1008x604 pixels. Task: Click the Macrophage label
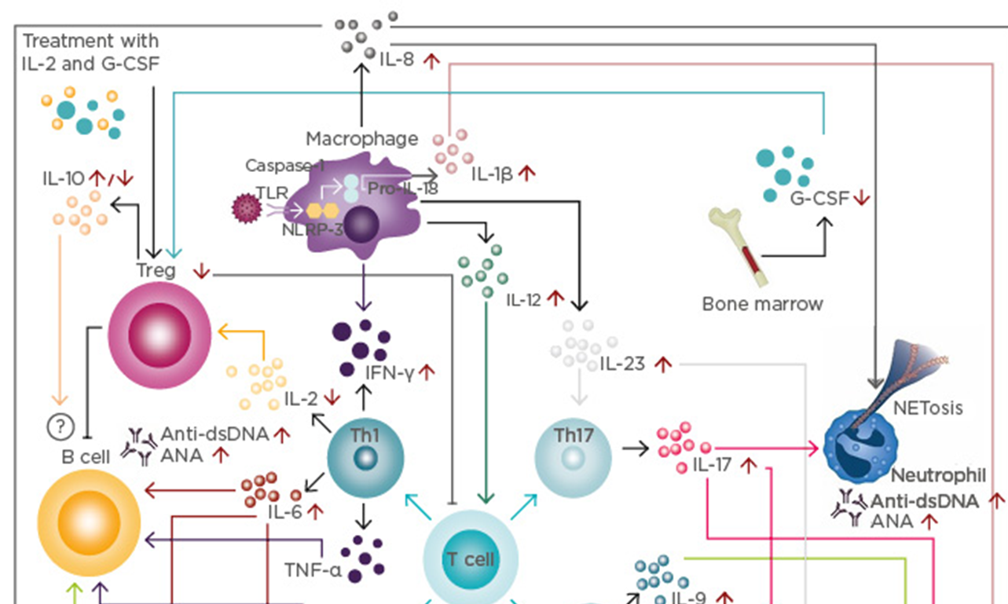[361, 140]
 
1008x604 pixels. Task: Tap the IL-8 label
[396, 60]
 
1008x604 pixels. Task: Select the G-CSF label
[819, 199]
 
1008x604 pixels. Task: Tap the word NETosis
[927, 408]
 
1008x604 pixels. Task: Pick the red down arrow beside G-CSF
[862, 199]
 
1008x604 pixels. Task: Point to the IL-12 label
[525, 299]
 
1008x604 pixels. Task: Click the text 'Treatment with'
[90, 40]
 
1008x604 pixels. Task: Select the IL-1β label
[492, 174]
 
